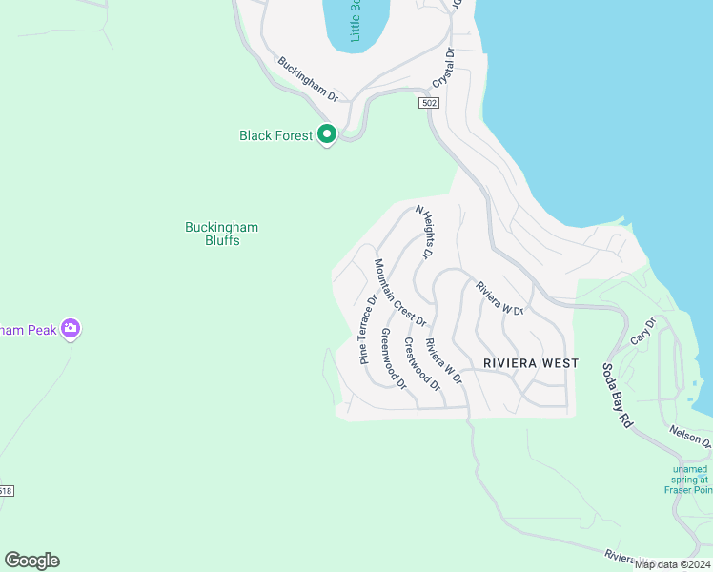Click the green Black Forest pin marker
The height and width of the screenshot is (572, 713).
(327, 134)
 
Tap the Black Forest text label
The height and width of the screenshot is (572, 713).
(275, 136)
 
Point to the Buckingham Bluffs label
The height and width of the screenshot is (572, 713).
(221, 234)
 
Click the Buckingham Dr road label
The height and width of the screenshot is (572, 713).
(309, 79)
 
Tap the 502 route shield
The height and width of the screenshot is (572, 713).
(428, 102)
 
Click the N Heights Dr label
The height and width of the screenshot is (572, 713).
(423, 232)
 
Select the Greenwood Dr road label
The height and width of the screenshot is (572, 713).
(394, 359)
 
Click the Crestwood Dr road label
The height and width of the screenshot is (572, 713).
(421, 364)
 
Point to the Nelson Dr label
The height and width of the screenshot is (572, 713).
(691, 437)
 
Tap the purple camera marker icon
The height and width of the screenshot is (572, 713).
(70, 329)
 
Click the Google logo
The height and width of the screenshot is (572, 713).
(31, 561)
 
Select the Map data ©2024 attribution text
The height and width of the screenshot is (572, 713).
(672, 564)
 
